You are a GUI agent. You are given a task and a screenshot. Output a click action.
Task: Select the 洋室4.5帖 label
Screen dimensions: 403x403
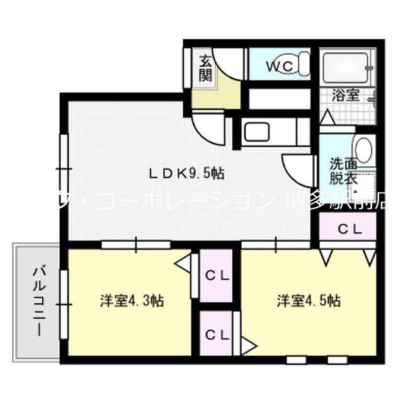click(309, 300)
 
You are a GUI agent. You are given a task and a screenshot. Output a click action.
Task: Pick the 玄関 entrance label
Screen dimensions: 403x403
click(206, 69)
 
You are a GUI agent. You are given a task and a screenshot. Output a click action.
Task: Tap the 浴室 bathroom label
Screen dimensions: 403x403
click(346, 96)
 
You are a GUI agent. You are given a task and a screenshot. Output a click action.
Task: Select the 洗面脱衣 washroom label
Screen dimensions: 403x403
click(343, 171)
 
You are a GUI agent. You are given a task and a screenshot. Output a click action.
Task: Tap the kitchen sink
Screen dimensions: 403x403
click(257, 133)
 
